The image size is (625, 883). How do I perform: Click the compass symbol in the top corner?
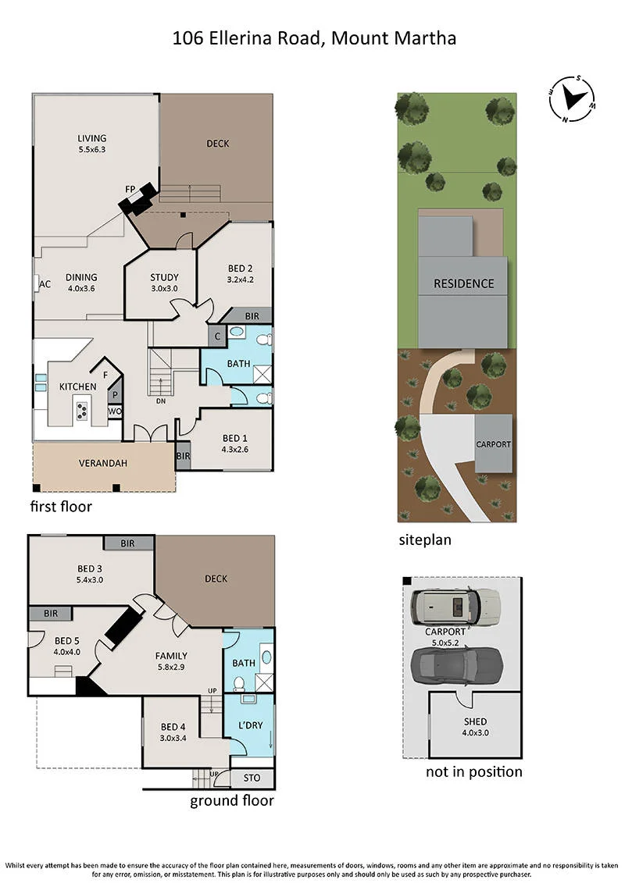click(x=572, y=98)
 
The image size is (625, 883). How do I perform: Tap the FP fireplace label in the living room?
click(x=130, y=189)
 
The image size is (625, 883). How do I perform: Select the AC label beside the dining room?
click(x=45, y=284)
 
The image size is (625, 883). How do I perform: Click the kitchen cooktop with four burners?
click(x=82, y=411)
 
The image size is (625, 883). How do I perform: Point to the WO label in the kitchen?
click(x=115, y=411)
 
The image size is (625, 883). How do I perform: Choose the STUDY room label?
click(x=164, y=277)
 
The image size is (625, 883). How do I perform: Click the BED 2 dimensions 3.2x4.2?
click(x=240, y=279)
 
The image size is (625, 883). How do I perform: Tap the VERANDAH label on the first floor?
click(x=102, y=463)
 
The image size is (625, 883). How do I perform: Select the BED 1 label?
click(x=234, y=438)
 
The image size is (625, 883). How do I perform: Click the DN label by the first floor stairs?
click(x=161, y=401)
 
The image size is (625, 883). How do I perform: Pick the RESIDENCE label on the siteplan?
click(x=464, y=284)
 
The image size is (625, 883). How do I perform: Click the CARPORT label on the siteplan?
click(x=493, y=444)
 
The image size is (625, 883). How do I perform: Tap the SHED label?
click(x=475, y=721)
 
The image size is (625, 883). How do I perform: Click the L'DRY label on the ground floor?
click(x=250, y=725)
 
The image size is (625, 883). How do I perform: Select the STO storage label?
click(x=252, y=778)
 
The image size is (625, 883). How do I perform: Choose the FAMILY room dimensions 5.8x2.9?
click(x=171, y=668)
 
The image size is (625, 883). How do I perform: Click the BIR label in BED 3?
click(x=128, y=543)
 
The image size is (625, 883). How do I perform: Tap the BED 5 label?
click(x=67, y=641)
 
